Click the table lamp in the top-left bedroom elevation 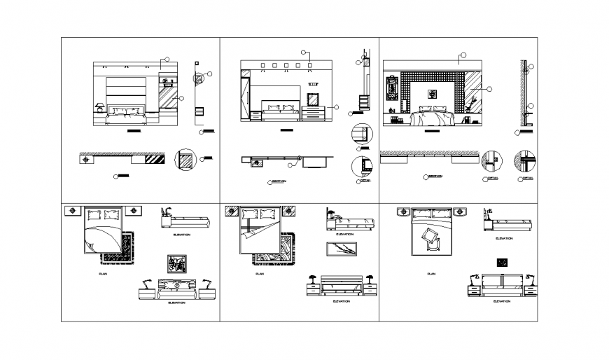pos(100,107)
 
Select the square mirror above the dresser pos(313,99)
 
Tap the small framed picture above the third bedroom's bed pos(432,93)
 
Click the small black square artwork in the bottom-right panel pos(501,263)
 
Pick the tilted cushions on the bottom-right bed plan pos(430,239)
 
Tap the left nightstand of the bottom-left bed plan pos(73,210)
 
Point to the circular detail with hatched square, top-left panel pos(185,160)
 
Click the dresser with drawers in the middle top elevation pos(314,114)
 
